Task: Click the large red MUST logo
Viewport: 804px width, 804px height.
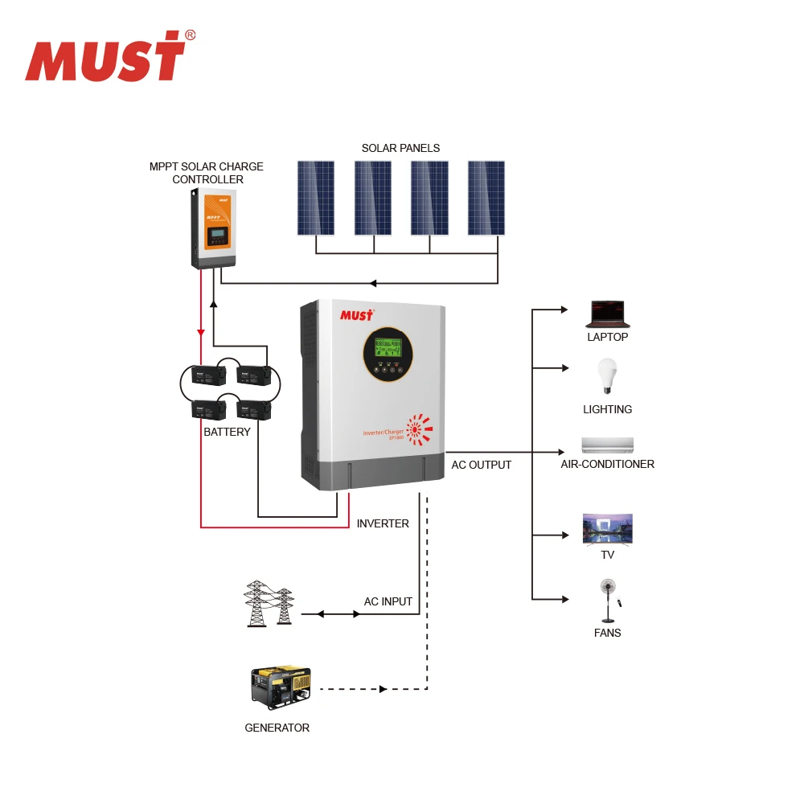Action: coord(109,57)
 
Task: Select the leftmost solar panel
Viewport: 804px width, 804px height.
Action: coord(315,198)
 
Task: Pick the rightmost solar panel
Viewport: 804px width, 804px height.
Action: coord(486,198)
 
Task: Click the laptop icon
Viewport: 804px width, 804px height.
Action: coord(608,314)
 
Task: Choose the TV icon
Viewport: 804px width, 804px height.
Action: coord(607,530)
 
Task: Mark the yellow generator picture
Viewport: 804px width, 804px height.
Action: coord(280,687)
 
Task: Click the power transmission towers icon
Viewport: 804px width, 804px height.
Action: coord(269,604)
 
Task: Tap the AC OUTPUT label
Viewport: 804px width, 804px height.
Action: coord(481,465)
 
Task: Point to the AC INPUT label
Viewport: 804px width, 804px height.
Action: coord(388,601)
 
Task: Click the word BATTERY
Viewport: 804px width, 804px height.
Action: coord(227,432)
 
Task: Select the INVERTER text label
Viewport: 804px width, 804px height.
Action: coord(383,523)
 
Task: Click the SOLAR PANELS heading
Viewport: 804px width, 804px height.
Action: coord(400,148)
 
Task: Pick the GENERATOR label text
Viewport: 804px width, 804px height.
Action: coord(277,728)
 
